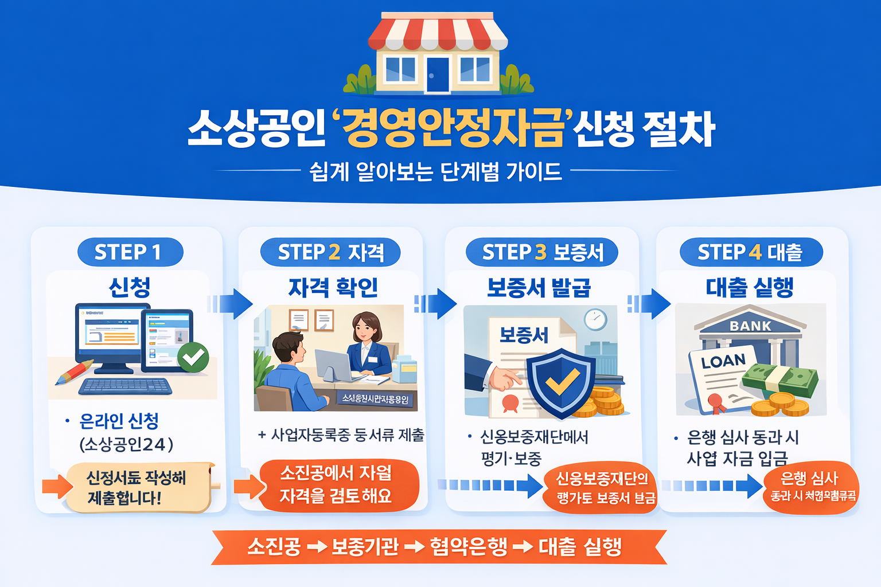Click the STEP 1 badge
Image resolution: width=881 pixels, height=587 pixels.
pyautogui.click(x=130, y=252)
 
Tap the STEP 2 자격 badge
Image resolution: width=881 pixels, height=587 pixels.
pyautogui.click(x=330, y=252)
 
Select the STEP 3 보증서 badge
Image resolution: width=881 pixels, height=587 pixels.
pyautogui.click(x=542, y=252)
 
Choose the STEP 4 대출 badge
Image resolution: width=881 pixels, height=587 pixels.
pyautogui.click(x=751, y=252)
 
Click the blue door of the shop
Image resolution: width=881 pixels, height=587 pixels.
pyautogui.click(x=438, y=74)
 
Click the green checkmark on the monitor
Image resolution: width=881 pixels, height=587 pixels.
pyautogui.click(x=193, y=357)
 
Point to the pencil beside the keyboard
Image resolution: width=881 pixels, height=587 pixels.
pyautogui.click(x=75, y=373)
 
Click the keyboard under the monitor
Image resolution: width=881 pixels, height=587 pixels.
pyautogui.click(x=125, y=386)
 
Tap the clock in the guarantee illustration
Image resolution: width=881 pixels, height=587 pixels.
pyautogui.click(x=595, y=319)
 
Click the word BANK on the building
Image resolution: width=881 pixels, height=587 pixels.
pyautogui.click(x=750, y=326)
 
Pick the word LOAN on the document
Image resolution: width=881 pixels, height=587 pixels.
pyautogui.click(x=723, y=362)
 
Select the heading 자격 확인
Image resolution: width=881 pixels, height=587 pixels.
pyautogui.click(x=333, y=287)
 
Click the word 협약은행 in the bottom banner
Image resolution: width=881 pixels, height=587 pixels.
pyautogui.click(x=469, y=546)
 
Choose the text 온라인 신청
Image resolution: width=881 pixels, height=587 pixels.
pyautogui.click(x=119, y=421)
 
